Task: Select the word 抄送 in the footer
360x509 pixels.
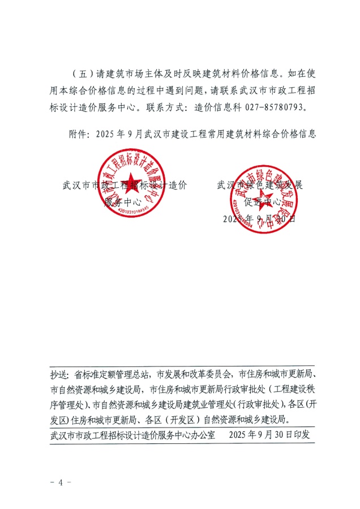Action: (x=59, y=374)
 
